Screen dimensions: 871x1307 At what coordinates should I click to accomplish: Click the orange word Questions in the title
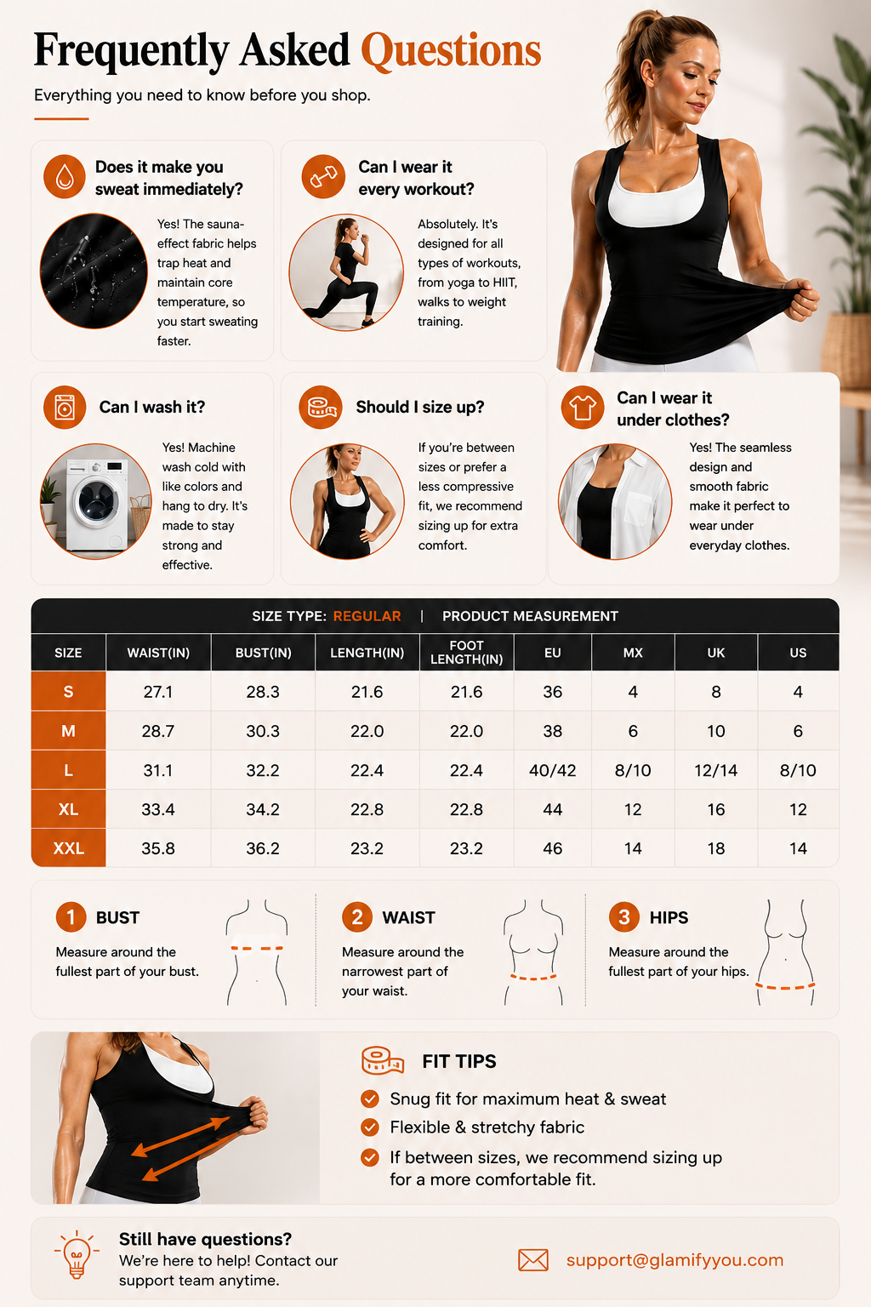pyautogui.click(x=451, y=51)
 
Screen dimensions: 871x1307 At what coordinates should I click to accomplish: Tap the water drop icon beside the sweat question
pyautogui.click(x=65, y=176)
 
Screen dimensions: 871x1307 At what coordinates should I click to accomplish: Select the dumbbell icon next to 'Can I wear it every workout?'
pyautogui.click(x=323, y=176)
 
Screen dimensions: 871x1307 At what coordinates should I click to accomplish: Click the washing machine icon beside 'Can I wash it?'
pyautogui.click(x=65, y=408)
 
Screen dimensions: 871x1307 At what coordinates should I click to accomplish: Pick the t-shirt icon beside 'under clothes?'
pyautogui.click(x=582, y=408)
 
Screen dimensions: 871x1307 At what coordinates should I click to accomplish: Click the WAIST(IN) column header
pyautogui.click(x=158, y=653)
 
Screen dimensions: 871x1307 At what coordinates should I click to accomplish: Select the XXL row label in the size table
pyautogui.click(x=68, y=848)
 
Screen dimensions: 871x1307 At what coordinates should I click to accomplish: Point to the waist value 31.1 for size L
pyautogui.click(x=158, y=771)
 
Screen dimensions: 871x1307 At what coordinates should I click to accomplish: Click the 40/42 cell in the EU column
pyautogui.click(x=553, y=771)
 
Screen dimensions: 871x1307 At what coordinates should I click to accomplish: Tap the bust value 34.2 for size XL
pyautogui.click(x=263, y=810)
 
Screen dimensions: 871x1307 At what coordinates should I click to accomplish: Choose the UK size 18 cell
pyautogui.click(x=716, y=848)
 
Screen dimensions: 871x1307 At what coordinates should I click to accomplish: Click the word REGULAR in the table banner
pyautogui.click(x=367, y=616)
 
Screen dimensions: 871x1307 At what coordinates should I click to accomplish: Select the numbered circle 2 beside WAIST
pyautogui.click(x=357, y=917)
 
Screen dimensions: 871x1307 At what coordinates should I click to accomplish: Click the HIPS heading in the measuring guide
pyautogui.click(x=669, y=918)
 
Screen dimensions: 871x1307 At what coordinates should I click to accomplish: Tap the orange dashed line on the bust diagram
pyautogui.click(x=257, y=948)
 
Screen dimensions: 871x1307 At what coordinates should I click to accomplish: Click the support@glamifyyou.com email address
pyautogui.click(x=675, y=1259)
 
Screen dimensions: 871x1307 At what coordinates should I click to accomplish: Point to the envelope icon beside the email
pyautogui.click(x=533, y=1259)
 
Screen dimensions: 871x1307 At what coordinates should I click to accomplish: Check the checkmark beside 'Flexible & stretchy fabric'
pyautogui.click(x=369, y=1127)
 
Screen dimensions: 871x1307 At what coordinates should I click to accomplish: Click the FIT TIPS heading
pyautogui.click(x=459, y=1061)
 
